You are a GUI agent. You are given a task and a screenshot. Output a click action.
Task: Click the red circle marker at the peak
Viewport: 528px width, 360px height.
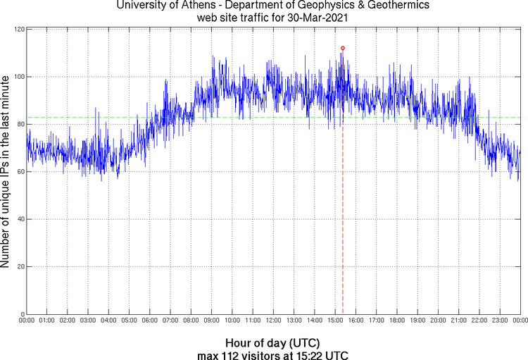click(343, 48)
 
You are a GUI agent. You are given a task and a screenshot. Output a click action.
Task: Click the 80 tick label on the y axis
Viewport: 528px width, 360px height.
click(20, 125)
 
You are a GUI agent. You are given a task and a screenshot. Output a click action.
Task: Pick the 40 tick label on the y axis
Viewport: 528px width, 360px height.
click(20, 220)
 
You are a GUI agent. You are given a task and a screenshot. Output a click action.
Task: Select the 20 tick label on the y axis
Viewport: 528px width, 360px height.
click(20, 267)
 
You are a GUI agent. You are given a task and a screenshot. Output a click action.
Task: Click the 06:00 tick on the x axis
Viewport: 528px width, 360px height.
click(150, 321)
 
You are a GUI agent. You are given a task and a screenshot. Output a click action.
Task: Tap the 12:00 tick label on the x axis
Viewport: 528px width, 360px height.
click(273, 321)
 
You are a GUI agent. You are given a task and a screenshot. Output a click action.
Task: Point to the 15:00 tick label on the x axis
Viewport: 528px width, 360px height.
click(335, 321)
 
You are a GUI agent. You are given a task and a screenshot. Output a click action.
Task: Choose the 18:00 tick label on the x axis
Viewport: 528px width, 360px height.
click(397, 321)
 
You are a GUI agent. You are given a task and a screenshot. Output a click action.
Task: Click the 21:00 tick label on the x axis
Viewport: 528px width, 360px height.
click(458, 321)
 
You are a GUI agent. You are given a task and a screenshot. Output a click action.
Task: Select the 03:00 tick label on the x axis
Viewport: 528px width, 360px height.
click(88, 321)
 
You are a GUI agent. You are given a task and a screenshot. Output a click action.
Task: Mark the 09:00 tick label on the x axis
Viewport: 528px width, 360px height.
click(211, 321)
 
